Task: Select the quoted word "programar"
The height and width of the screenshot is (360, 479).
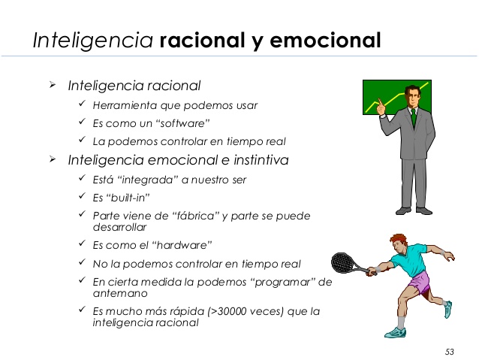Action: [288, 282]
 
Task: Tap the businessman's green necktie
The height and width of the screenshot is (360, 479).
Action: [413, 117]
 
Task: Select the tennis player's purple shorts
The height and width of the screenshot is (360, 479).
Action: [420, 283]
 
